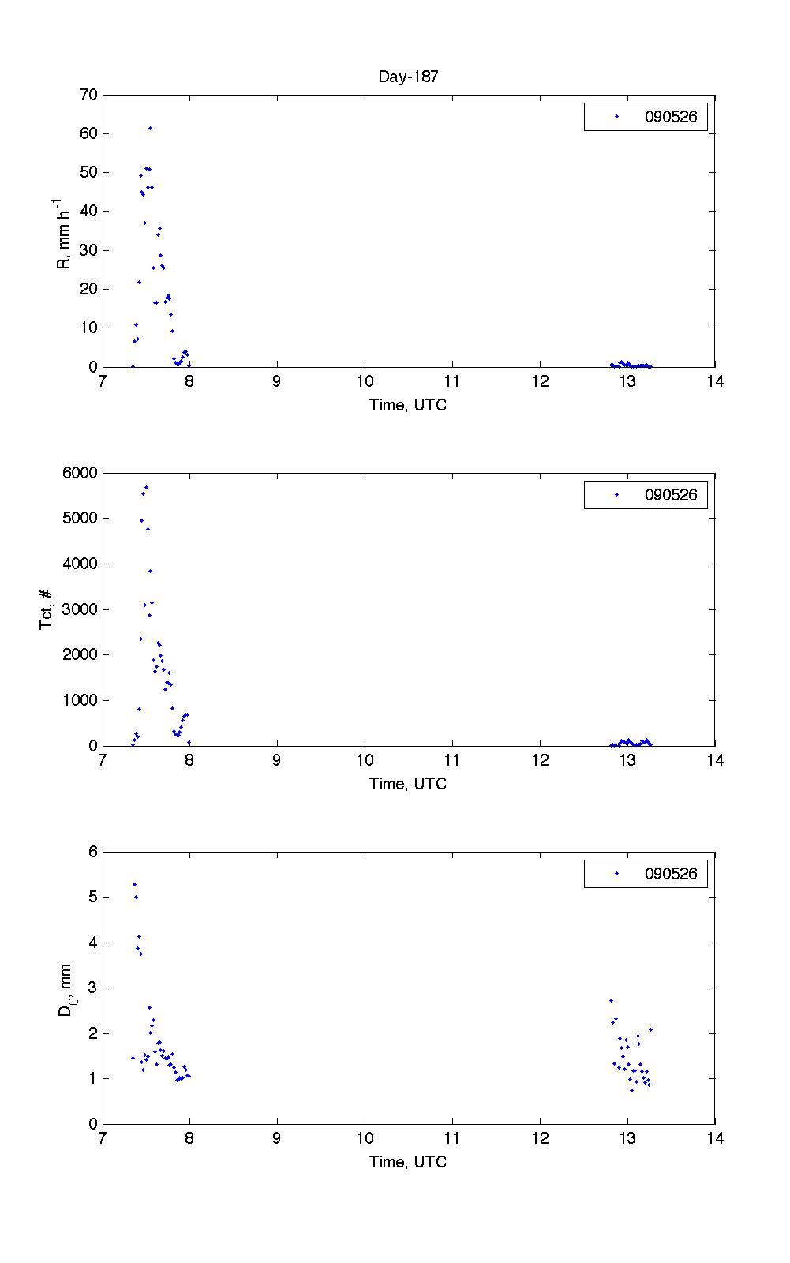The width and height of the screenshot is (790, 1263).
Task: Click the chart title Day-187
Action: coord(408,77)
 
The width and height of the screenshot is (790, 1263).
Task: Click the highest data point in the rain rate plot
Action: coord(150,128)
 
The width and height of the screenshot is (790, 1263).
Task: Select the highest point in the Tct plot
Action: coord(147,488)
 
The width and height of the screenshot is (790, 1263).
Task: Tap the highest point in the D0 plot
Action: coord(135,884)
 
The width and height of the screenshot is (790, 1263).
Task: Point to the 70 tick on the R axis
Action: coord(88,95)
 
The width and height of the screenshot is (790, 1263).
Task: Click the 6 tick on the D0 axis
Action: coord(92,852)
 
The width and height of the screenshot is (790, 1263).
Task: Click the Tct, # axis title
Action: coord(47,609)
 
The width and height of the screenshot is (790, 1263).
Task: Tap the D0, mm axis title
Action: coord(64,988)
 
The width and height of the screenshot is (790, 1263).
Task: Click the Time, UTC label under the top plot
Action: coord(408,405)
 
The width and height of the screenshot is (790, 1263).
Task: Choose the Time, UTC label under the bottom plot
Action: coord(408,1162)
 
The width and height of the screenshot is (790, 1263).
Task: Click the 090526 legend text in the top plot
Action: coord(671,117)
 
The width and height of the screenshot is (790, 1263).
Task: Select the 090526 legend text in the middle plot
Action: coord(671,495)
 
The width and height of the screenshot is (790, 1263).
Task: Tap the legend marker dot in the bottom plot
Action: coord(616,874)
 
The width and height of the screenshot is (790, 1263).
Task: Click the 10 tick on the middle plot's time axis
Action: coord(365,760)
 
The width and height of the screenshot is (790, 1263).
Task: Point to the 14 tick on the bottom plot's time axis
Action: coord(714,1138)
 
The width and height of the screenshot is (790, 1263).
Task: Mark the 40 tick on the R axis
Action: coord(88,211)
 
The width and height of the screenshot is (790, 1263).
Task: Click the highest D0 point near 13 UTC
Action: coord(611,1000)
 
